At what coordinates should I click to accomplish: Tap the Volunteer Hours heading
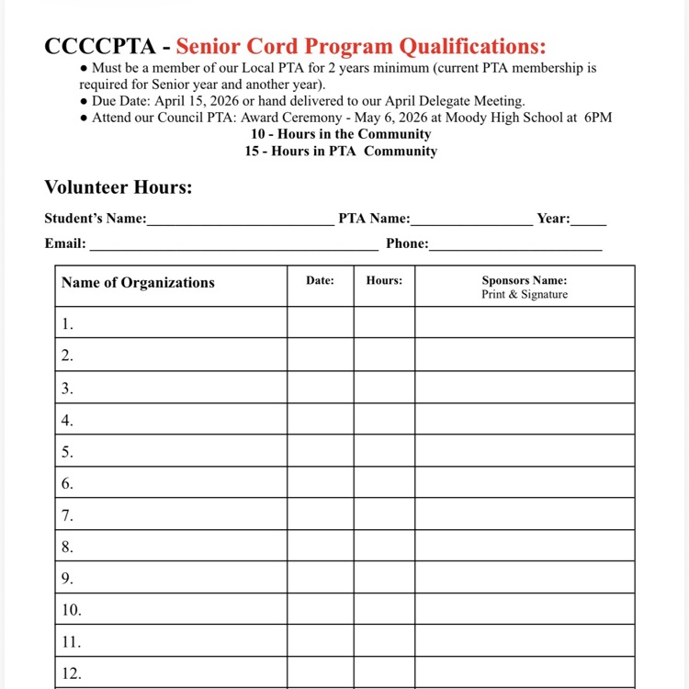tap(119, 187)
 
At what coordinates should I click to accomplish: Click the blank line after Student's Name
tap(241, 220)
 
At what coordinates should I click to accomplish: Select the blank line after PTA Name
tap(471, 220)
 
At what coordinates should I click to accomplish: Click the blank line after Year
tap(589, 220)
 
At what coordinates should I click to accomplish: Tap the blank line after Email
tap(233, 245)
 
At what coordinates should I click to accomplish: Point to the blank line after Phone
tap(515, 245)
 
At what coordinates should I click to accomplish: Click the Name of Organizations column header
tap(138, 283)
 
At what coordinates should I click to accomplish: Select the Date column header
tap(320, 280)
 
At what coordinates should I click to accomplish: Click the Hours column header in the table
tap(384, 280)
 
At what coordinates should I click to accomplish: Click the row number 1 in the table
tap(68, 324)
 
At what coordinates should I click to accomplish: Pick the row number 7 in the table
tap(68, 515)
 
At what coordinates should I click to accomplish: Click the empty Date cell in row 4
tap(320, 420)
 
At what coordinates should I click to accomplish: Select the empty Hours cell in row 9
tap(384, 579)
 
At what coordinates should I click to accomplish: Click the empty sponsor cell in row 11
tap(525, 641)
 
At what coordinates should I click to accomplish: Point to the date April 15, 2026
tap(186, 101)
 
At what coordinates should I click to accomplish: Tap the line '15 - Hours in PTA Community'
tap(341, 151)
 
